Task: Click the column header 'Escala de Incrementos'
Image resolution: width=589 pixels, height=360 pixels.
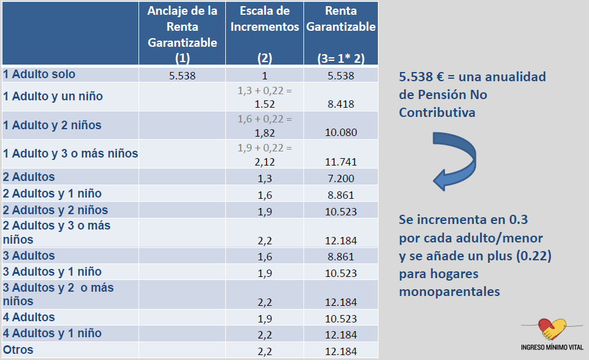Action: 264,20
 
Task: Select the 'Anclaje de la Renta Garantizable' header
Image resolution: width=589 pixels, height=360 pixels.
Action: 182,35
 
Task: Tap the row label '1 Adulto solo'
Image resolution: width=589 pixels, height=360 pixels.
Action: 39,74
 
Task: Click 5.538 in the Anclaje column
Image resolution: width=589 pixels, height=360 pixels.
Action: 183,76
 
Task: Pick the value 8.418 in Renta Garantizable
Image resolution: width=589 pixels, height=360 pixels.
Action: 340,104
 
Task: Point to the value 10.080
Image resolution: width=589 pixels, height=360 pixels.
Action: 340,132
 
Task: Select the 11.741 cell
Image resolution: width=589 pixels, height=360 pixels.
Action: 340,161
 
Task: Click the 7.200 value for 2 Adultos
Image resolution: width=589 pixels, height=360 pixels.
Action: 340,177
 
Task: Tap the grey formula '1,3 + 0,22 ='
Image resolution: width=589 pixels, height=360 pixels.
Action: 265,90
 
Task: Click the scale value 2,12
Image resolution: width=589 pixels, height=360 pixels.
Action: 265,161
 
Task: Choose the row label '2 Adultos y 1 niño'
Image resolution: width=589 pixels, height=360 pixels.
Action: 52,194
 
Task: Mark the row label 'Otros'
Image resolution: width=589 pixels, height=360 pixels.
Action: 18,350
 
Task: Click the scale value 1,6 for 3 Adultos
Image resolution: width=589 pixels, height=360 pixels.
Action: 265,256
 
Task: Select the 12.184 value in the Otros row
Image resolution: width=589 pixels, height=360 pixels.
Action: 340,351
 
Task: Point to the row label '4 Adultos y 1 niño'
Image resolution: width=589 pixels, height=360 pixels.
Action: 52,334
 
